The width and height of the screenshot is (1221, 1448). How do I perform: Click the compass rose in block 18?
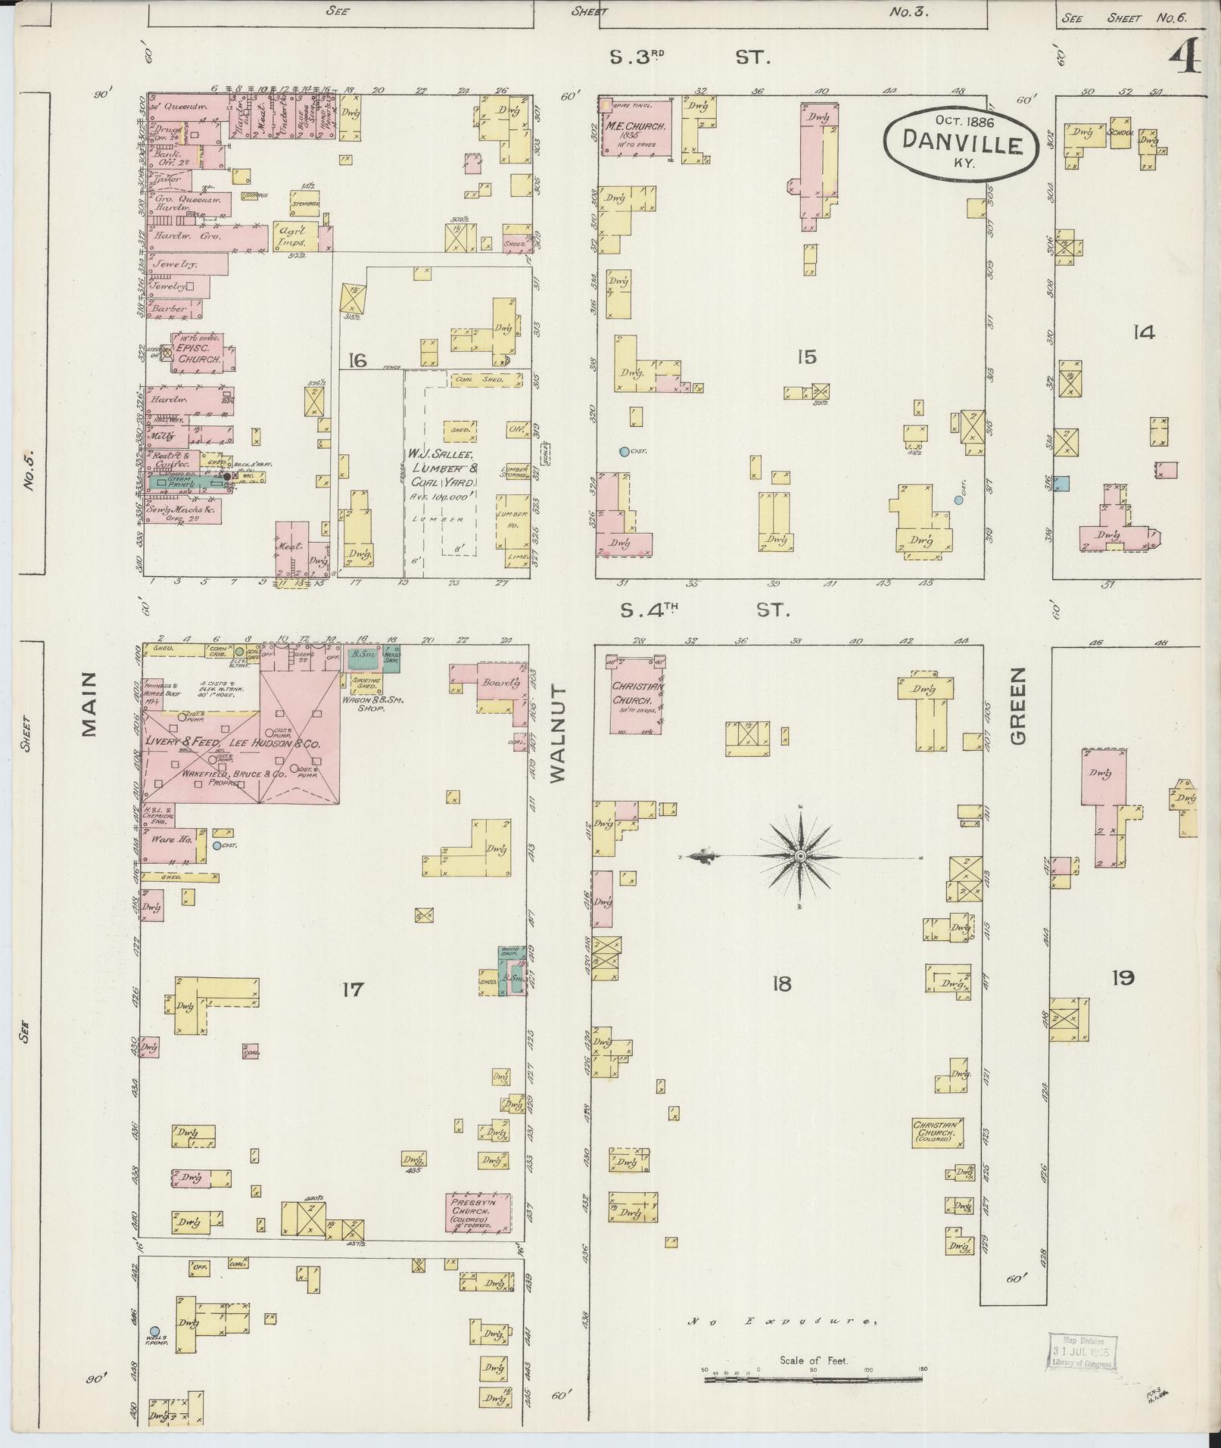[799, 855]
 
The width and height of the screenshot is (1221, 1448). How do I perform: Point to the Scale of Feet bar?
[815, 1380]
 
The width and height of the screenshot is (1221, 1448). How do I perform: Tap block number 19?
[1123, 978]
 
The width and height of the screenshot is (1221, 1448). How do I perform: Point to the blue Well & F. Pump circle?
[154, 1331]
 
